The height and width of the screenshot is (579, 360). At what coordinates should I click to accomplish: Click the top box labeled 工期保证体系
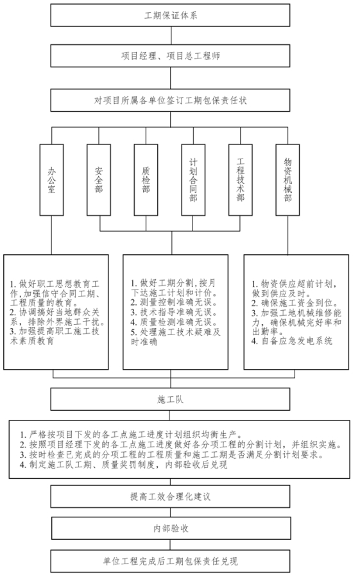click(x=170, y=15)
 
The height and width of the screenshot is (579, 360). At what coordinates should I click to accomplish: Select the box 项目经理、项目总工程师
click(x=170, y=56)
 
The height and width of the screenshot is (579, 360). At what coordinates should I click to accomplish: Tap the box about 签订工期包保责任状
click(x=170, y=100)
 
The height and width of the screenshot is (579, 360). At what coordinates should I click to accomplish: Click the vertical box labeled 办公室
click(x=52, y=180)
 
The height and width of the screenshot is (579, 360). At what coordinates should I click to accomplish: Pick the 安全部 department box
click(x=99, y=180)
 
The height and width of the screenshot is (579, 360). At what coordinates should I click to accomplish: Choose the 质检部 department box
click(x=146, y=180)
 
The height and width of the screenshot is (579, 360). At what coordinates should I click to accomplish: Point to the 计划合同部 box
click(x=193, y=180)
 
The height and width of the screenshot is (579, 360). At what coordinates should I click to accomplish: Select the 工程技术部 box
click(x=241, y=180)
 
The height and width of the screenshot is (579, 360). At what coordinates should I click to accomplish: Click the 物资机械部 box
click(x=287, y=180)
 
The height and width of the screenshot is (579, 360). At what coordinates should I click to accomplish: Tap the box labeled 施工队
click(x=170, y=399)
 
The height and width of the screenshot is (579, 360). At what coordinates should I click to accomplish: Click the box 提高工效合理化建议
click(x=170, y=496)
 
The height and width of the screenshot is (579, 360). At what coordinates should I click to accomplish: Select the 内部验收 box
click(x=171, y=528)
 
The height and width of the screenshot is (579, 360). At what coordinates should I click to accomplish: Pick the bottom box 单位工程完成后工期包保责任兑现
click(x=170, y=561)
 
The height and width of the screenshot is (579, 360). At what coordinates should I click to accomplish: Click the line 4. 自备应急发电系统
click(x=292, y=341)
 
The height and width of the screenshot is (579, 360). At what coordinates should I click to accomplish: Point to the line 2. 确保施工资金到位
click(x=295, y=303)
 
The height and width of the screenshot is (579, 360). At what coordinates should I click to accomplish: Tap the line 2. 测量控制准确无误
click(x=173, y=302)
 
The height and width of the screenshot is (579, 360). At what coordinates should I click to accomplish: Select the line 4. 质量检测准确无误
click(x=173, y=322)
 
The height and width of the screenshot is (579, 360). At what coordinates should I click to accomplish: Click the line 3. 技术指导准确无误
click(x=173, y=313)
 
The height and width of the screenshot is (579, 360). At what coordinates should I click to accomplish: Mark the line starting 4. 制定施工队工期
click(x=124, y=465)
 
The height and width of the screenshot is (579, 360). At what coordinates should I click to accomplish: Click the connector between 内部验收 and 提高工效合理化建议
click(x=170, y=512)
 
